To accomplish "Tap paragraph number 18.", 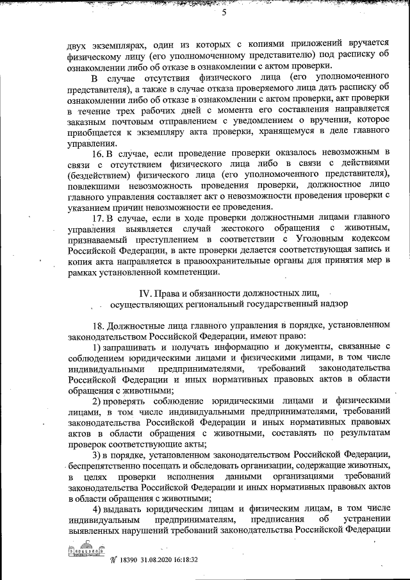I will [101, 325].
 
